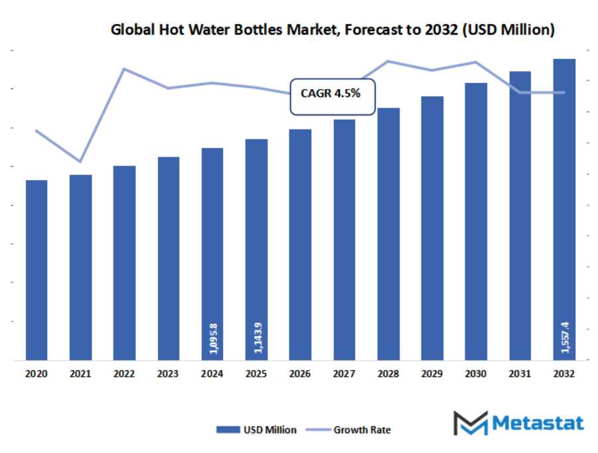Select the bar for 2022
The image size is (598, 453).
click(x=124, y=263)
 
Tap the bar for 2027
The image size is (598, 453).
click(x=344, y=240)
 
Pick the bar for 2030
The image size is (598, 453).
click(x=476, y=222)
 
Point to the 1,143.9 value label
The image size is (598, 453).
click(x=256, y=337)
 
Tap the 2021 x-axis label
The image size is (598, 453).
click(x=80, y=375)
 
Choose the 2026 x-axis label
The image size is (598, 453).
click(x=300, y=375)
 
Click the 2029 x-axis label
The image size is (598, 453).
click(x=432, y=375)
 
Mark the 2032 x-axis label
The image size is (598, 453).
click(x=564, y=375)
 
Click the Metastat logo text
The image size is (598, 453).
click(x=540, y=423)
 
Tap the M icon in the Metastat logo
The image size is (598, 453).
click(x=470, y=423)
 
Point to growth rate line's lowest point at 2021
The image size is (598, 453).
click(x=80, y=161)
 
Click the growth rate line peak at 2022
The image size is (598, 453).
click(x=124, y=68)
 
